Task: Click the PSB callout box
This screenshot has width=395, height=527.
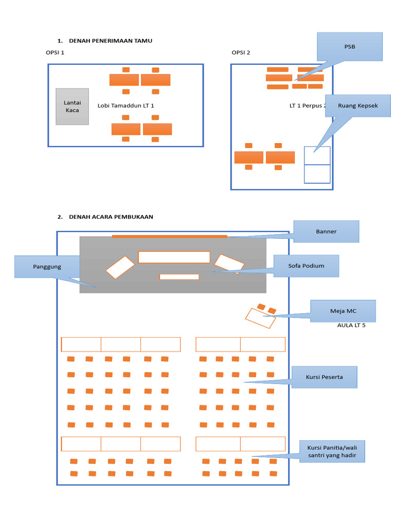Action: [350, 47]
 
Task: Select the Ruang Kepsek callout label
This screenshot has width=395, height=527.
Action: [358, 106]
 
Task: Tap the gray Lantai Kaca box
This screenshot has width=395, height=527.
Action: [72, 107]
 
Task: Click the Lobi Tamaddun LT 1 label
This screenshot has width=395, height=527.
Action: [125, 106]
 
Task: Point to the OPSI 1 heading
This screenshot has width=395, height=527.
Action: [55, 52]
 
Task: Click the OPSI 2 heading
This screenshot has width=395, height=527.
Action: [241, 52]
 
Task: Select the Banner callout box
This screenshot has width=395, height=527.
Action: [326, 232]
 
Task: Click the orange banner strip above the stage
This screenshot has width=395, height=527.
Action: [170, 237]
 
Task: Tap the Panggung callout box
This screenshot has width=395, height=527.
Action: [47, 267]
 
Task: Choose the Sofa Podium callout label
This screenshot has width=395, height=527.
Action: [306, 266]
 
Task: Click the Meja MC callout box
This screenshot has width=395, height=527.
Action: [343, 311]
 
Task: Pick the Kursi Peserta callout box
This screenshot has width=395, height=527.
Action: [324, 377]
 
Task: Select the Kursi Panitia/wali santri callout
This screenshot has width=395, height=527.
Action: [332, 451]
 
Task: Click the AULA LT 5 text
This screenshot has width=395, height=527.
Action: [351, 325]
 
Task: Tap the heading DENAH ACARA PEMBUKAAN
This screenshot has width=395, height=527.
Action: [111, 217]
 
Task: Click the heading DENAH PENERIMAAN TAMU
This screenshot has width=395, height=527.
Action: [111, 41]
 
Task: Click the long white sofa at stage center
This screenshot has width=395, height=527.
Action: [174, 257]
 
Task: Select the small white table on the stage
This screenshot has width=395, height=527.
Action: [179, 277]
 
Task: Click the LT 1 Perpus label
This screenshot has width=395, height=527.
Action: [308, 106]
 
